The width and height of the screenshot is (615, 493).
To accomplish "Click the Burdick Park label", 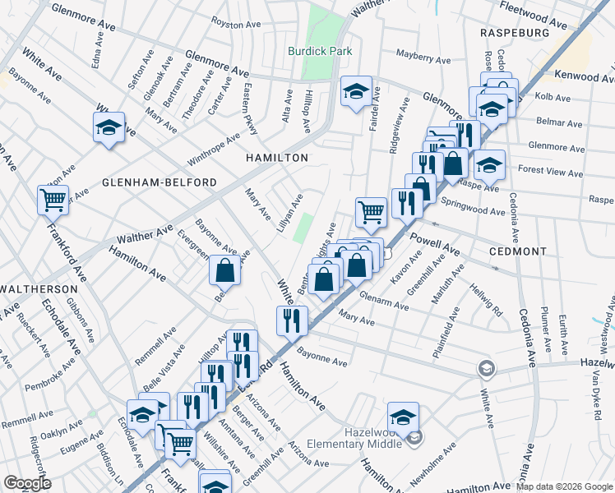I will click(x=320, y=51).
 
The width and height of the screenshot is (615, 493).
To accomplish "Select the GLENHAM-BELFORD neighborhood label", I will click(x=160, y=182).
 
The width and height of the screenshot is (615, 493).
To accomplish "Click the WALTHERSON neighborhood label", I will click(x=39, y=290).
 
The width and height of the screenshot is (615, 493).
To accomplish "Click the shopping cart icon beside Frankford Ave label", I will click(x=53, y=200).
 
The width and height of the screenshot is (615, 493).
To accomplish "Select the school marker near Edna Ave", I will click(x=109, y=128).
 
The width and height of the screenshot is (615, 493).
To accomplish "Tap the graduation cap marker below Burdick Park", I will click(x=356, y=92).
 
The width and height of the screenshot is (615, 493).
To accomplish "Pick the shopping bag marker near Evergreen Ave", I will click(x=224, y=270).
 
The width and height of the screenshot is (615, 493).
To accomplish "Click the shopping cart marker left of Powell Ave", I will click(x=372, y=212).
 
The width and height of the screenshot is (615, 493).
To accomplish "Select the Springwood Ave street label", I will click(x=473, y=206).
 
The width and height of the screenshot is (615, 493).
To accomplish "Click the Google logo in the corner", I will click(x=28, y=483).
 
